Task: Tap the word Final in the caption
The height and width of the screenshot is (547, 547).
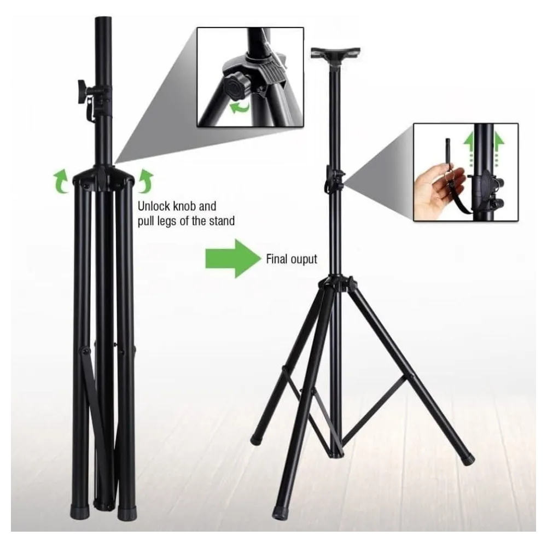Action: click(x=275, y=259)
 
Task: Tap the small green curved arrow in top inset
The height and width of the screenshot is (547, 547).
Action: click(x=240, y=107)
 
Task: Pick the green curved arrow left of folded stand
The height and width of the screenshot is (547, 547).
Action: click(x=61, y=181)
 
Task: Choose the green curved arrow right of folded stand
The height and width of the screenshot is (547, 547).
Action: click(x=146, y=181)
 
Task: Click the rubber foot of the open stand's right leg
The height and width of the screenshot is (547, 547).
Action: click(x=468, y=458)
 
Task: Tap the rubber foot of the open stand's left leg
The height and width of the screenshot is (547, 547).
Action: click(x=257, y=439)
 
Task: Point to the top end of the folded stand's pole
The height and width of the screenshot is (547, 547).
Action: click(x=103, y=18)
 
